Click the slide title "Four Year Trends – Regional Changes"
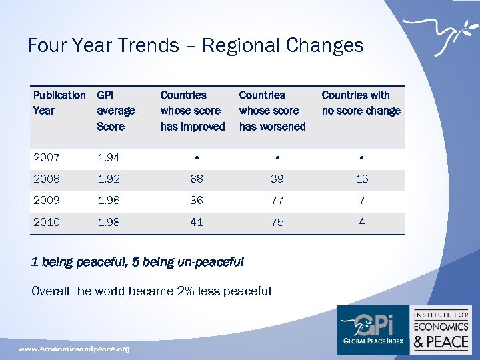tap(195, 45)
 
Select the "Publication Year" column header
tap(59, 103)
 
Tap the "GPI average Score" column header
tap(116, 111)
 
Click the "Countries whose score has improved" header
tap(193, 111)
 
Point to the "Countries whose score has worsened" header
tap(272, 111)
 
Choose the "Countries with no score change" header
tap(361, 103)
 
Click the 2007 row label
tap(47, 157)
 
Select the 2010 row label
tap(47, 222)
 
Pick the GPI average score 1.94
tap(109, 157)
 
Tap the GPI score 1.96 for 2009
tap(109, 200)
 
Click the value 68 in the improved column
tap(196, 179)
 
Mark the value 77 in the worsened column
tap(277, 200)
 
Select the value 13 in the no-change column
tap(361, 179)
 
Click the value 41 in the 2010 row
tap(196, 222)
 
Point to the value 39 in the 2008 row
tap(277, 179)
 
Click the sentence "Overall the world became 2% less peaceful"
tap(151, 291)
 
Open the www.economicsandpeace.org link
tap(74, 349)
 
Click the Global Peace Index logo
tap(373, 329)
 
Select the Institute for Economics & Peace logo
tap(441, 329)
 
